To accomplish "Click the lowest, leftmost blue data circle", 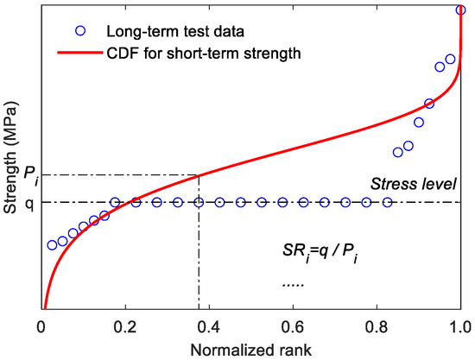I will (x=52, y=245).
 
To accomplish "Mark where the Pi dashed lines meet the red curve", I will (x=199, y=176).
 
